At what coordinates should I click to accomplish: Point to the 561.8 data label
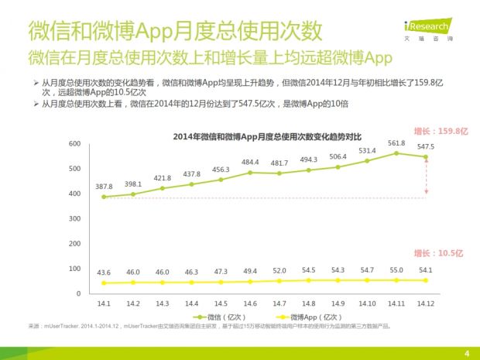[397, 143]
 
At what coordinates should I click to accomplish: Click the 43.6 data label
[104, 272]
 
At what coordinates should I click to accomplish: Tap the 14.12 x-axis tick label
[426, 303]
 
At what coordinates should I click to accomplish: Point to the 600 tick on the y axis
[74, 144]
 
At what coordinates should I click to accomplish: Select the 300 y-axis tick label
[74, 219]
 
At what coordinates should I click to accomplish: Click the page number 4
[467, 354]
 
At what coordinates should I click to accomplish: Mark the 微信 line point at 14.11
[397, 153]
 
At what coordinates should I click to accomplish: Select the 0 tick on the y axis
[78, 293]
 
